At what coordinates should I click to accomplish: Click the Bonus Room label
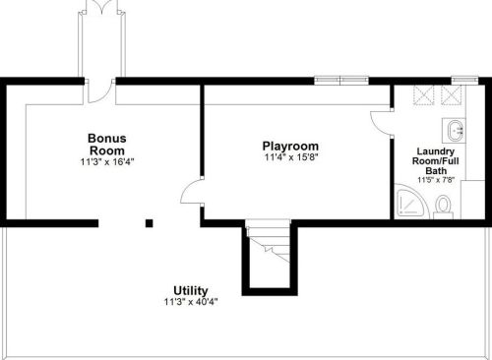[107, 145]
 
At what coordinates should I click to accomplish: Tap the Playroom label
[290, 146]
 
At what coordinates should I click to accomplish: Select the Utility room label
[191, 291]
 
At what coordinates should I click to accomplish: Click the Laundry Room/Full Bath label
[436, 161]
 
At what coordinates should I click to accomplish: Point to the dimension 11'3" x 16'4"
[107, 161]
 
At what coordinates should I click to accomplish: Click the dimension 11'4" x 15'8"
[291, 157]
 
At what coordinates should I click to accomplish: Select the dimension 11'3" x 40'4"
[191, 302]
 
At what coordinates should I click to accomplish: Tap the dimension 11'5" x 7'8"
[436, 180]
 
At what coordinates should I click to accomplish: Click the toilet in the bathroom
[443, 208]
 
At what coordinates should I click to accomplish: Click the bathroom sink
[454, 131]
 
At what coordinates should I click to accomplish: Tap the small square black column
[150, 223]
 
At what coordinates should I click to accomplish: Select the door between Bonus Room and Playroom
[192, 192]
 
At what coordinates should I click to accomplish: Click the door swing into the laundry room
[382, 123]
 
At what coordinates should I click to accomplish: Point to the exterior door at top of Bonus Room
[99, 91]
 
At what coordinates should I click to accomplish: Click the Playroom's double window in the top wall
[341, 81]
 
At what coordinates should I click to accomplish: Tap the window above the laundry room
[464, 81]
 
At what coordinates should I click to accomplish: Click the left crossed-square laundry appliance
[423, 95]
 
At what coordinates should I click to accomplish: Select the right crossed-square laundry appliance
[452, 95]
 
